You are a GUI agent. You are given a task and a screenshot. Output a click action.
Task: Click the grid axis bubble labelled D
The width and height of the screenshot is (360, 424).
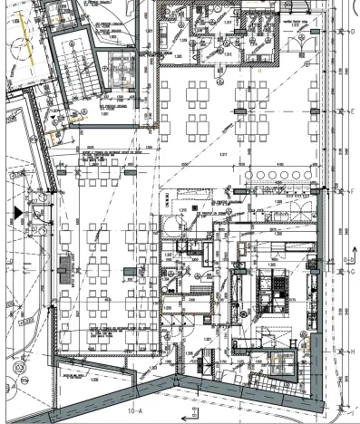tap(352, 31)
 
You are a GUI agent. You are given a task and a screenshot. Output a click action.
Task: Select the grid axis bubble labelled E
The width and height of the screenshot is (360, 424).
tap(352, 110)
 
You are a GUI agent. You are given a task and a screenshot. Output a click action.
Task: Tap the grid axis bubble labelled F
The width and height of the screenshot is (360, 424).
tap(352, 191)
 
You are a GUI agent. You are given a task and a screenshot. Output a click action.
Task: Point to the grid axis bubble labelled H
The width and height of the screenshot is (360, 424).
tap(352, 352)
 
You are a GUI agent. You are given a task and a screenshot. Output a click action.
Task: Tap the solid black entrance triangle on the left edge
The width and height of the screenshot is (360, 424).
tap(16, 211)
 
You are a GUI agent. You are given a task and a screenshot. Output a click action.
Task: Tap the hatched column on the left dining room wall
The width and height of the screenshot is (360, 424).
tap(63, 265)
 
